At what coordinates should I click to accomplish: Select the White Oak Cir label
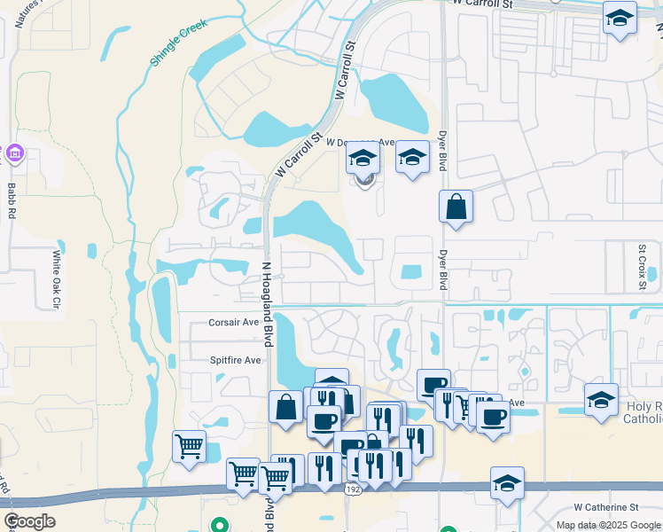click(56, 278)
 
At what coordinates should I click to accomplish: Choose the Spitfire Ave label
click(235, 360)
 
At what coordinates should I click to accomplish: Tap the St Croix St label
click(642, 261)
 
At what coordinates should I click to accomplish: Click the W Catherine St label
click(605, 507)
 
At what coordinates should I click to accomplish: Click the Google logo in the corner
click(29, 521)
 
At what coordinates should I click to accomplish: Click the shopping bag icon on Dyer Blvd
click(456, 207)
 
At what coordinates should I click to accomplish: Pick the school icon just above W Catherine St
click(507, 482)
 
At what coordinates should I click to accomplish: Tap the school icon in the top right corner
click(620, 17)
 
